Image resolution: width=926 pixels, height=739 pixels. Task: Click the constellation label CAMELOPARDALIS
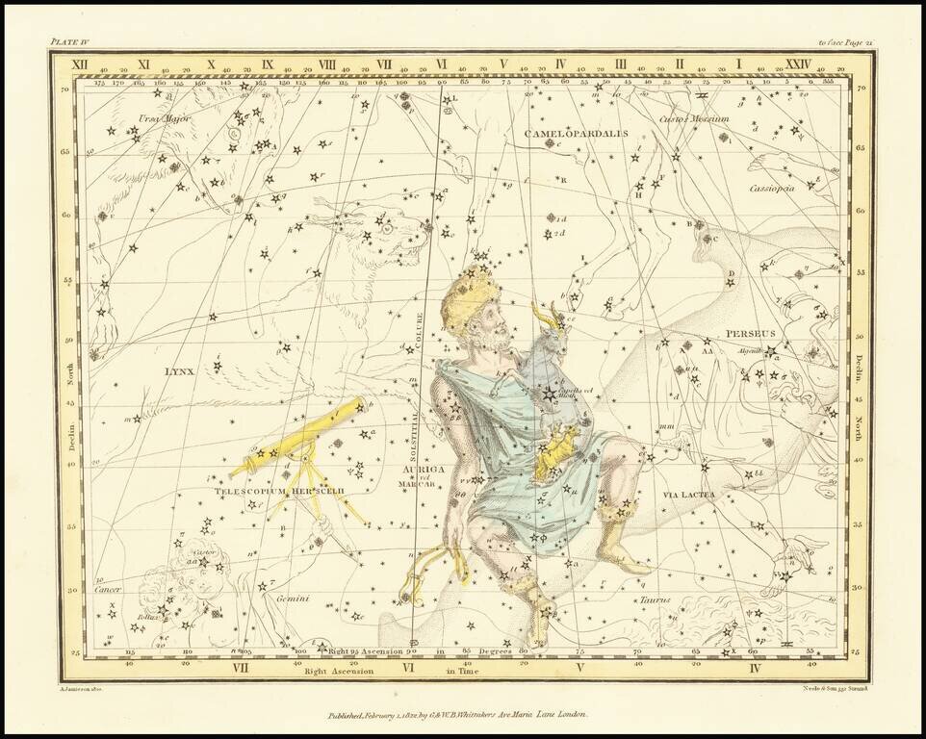pyautogui.click(x=576, y=133)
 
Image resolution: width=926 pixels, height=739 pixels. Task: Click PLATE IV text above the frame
pyautogui.click(x=69, y=43)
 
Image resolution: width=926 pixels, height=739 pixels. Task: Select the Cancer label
pyautogui.click(x=108, y=589)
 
